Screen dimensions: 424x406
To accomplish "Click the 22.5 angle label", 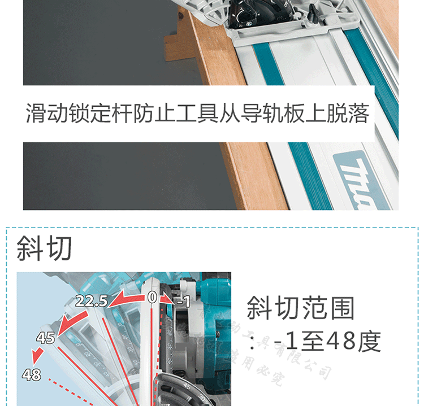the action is (91, 301).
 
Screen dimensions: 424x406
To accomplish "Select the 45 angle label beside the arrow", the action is (45, 338).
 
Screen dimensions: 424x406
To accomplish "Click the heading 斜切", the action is (44, 248).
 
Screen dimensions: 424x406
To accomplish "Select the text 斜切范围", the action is (301, 308).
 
